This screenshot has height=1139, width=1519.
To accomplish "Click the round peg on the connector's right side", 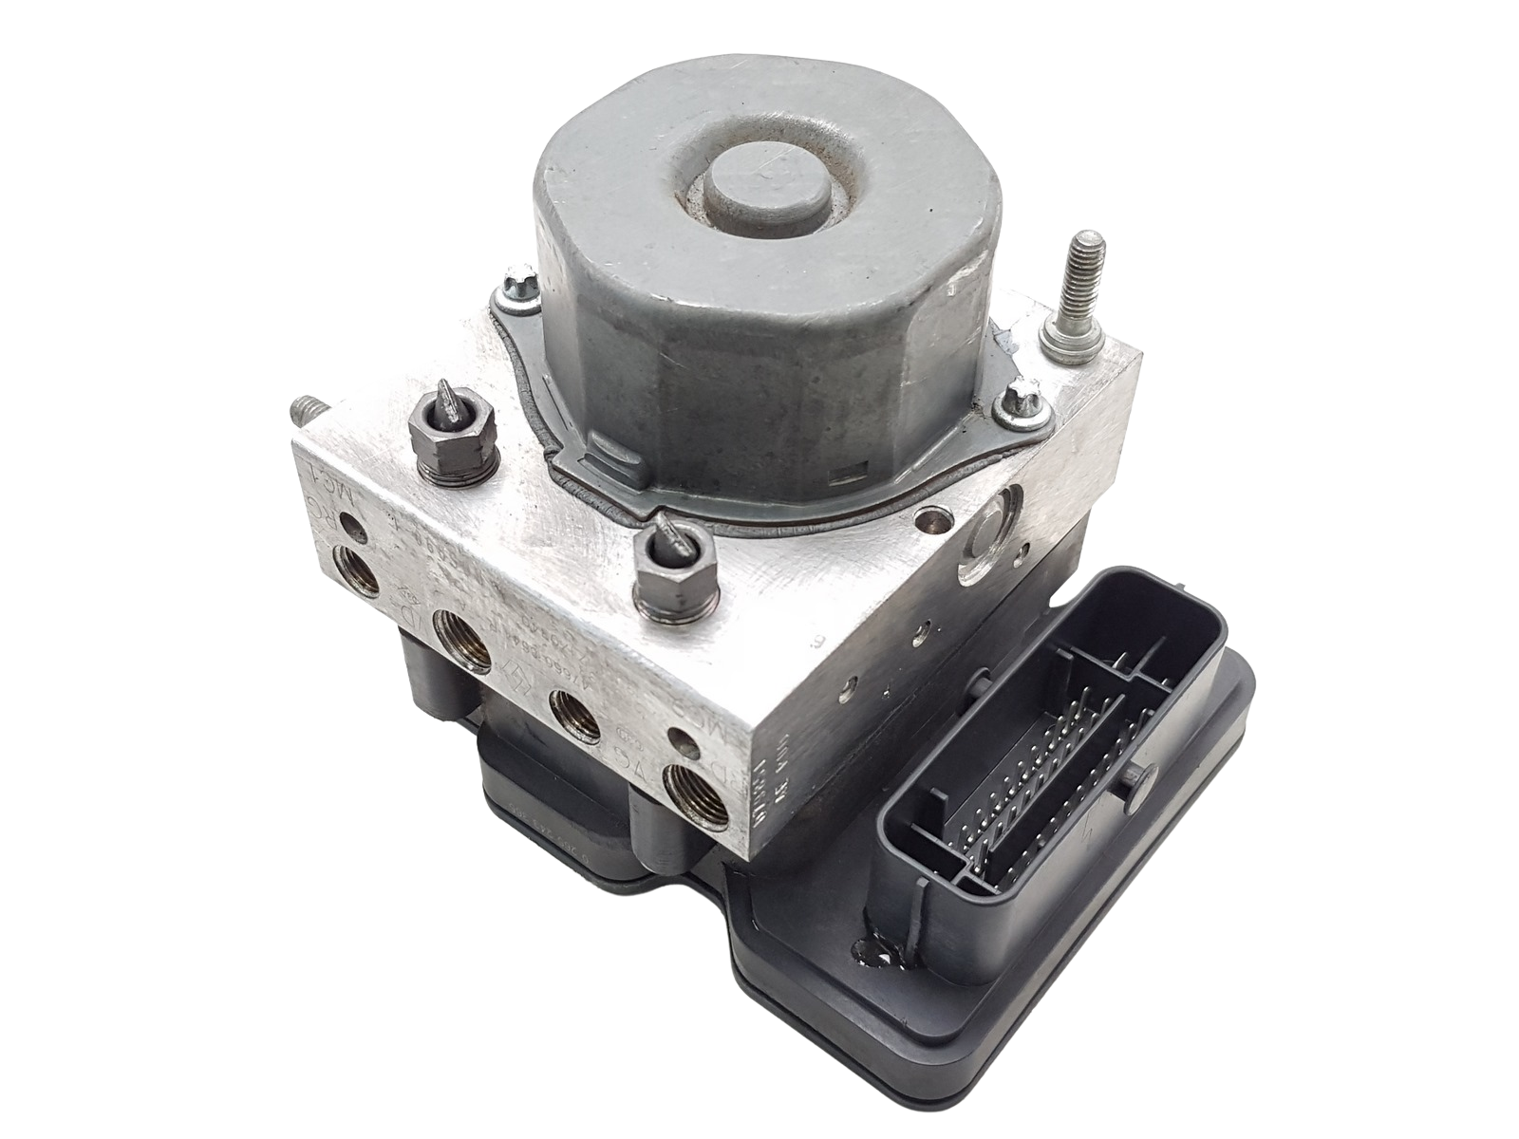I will [x=1135, y=780].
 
